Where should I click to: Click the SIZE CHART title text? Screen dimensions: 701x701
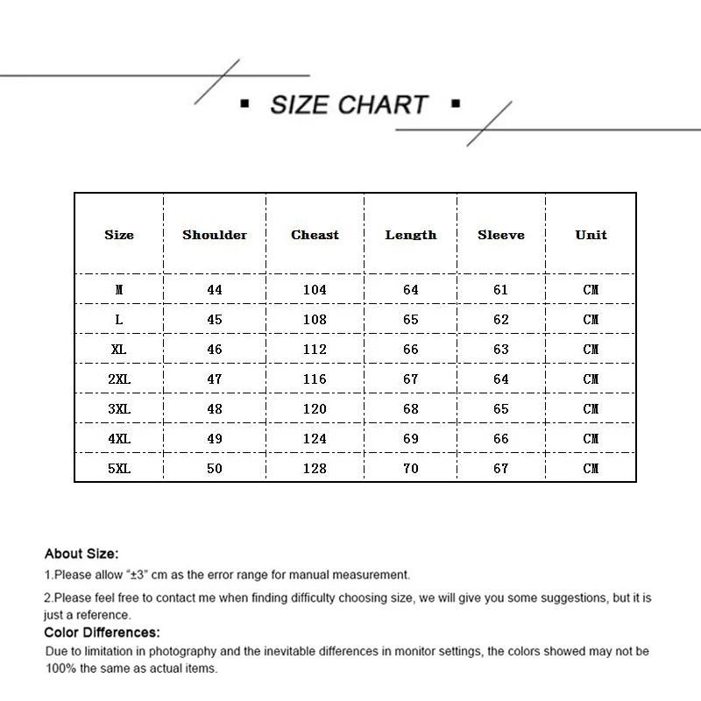[x=349, y=105]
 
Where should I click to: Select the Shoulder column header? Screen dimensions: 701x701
[x=215, y=235]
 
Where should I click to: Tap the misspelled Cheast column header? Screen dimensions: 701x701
[x=315, y=235]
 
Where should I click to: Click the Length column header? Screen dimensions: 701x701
[x=411, y=235]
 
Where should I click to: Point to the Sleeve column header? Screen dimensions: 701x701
[x=501, y=235]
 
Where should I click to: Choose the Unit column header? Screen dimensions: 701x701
[x=591, y=235]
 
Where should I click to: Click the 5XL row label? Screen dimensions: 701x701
[x=119, y=469]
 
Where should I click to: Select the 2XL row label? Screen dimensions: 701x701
[x=119, y=379]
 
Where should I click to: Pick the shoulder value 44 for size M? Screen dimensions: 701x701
[x=215, y=290]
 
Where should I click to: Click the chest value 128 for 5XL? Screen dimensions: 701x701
[x=315, y=469]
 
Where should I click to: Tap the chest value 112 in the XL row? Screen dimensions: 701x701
[x=315, y=350]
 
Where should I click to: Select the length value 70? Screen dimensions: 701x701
[x=411, y=469]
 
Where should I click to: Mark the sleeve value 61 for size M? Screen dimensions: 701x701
[x=501, y=290]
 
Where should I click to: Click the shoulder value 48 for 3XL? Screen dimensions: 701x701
[x=215, y=409]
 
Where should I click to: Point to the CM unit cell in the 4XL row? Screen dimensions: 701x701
[x=591, y=439]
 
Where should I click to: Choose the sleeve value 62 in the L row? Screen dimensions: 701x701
[x=501, y=320]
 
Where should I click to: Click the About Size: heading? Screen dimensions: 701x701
[x=81, y=554]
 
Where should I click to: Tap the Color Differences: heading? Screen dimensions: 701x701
[x=102, y=632]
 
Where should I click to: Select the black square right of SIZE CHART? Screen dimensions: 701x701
[x=455, y=105]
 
